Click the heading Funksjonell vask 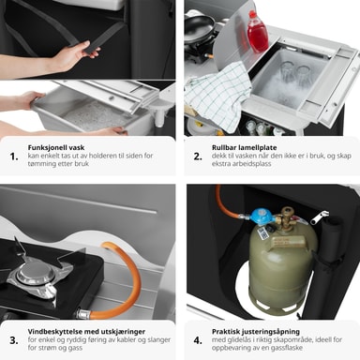pos(56,147)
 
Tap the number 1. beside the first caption pos(14,157)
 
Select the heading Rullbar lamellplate pos(244,147)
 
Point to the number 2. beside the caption pos(198,157)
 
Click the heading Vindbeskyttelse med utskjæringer pos(86,332)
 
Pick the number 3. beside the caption pos(14,340)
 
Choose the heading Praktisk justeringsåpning pos(256,332)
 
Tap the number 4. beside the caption pos(198,340)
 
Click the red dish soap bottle pos(257,32)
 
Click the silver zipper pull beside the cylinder pos(321,217)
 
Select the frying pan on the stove pos(200,29)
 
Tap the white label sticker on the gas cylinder pos(262,232)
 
